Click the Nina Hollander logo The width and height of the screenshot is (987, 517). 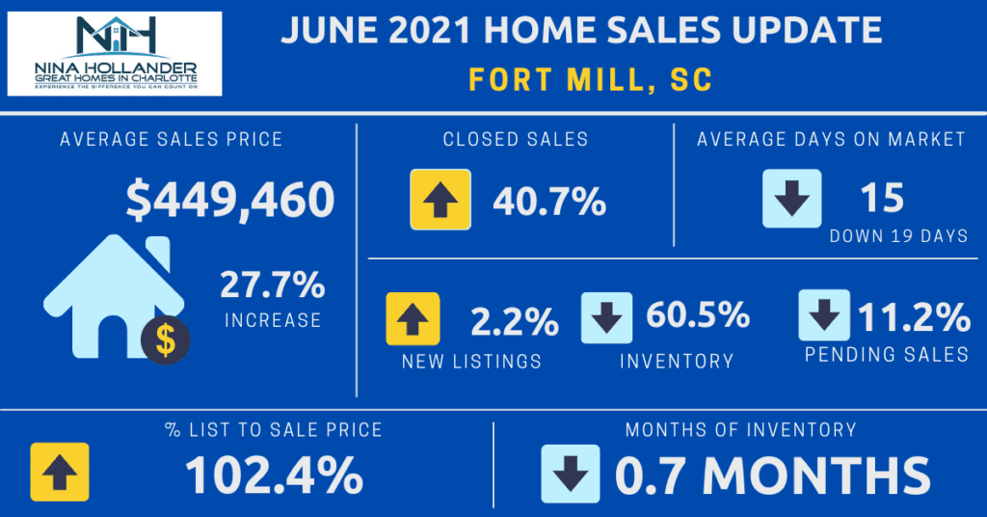[x=115, y=53]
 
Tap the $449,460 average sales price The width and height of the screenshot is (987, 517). [x=230, y=200]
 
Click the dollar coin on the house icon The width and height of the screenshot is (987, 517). [x=166, y=340]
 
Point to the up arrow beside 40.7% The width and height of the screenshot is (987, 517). [x=440, y=200]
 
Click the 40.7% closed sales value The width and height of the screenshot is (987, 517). [x=549, y=202]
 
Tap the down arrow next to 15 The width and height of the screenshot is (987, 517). [x=791, y=199]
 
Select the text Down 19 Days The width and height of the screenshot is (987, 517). [x=898, y=235]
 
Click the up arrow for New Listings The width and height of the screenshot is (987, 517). [x=413, y=319]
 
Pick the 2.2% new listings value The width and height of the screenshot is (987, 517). [x=515, y=322]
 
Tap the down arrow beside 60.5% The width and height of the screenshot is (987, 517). [x=606, y=318]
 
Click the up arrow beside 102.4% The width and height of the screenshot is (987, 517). [x=60, y=472]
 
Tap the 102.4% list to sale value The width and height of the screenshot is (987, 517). [x=274, y=474]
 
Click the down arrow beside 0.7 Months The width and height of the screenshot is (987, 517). [x=572, y=473]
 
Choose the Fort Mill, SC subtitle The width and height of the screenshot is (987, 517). [x=591, y=79]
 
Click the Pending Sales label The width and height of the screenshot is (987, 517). [x=887, y=355]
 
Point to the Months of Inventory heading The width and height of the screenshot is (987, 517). [x=740, y=429]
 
